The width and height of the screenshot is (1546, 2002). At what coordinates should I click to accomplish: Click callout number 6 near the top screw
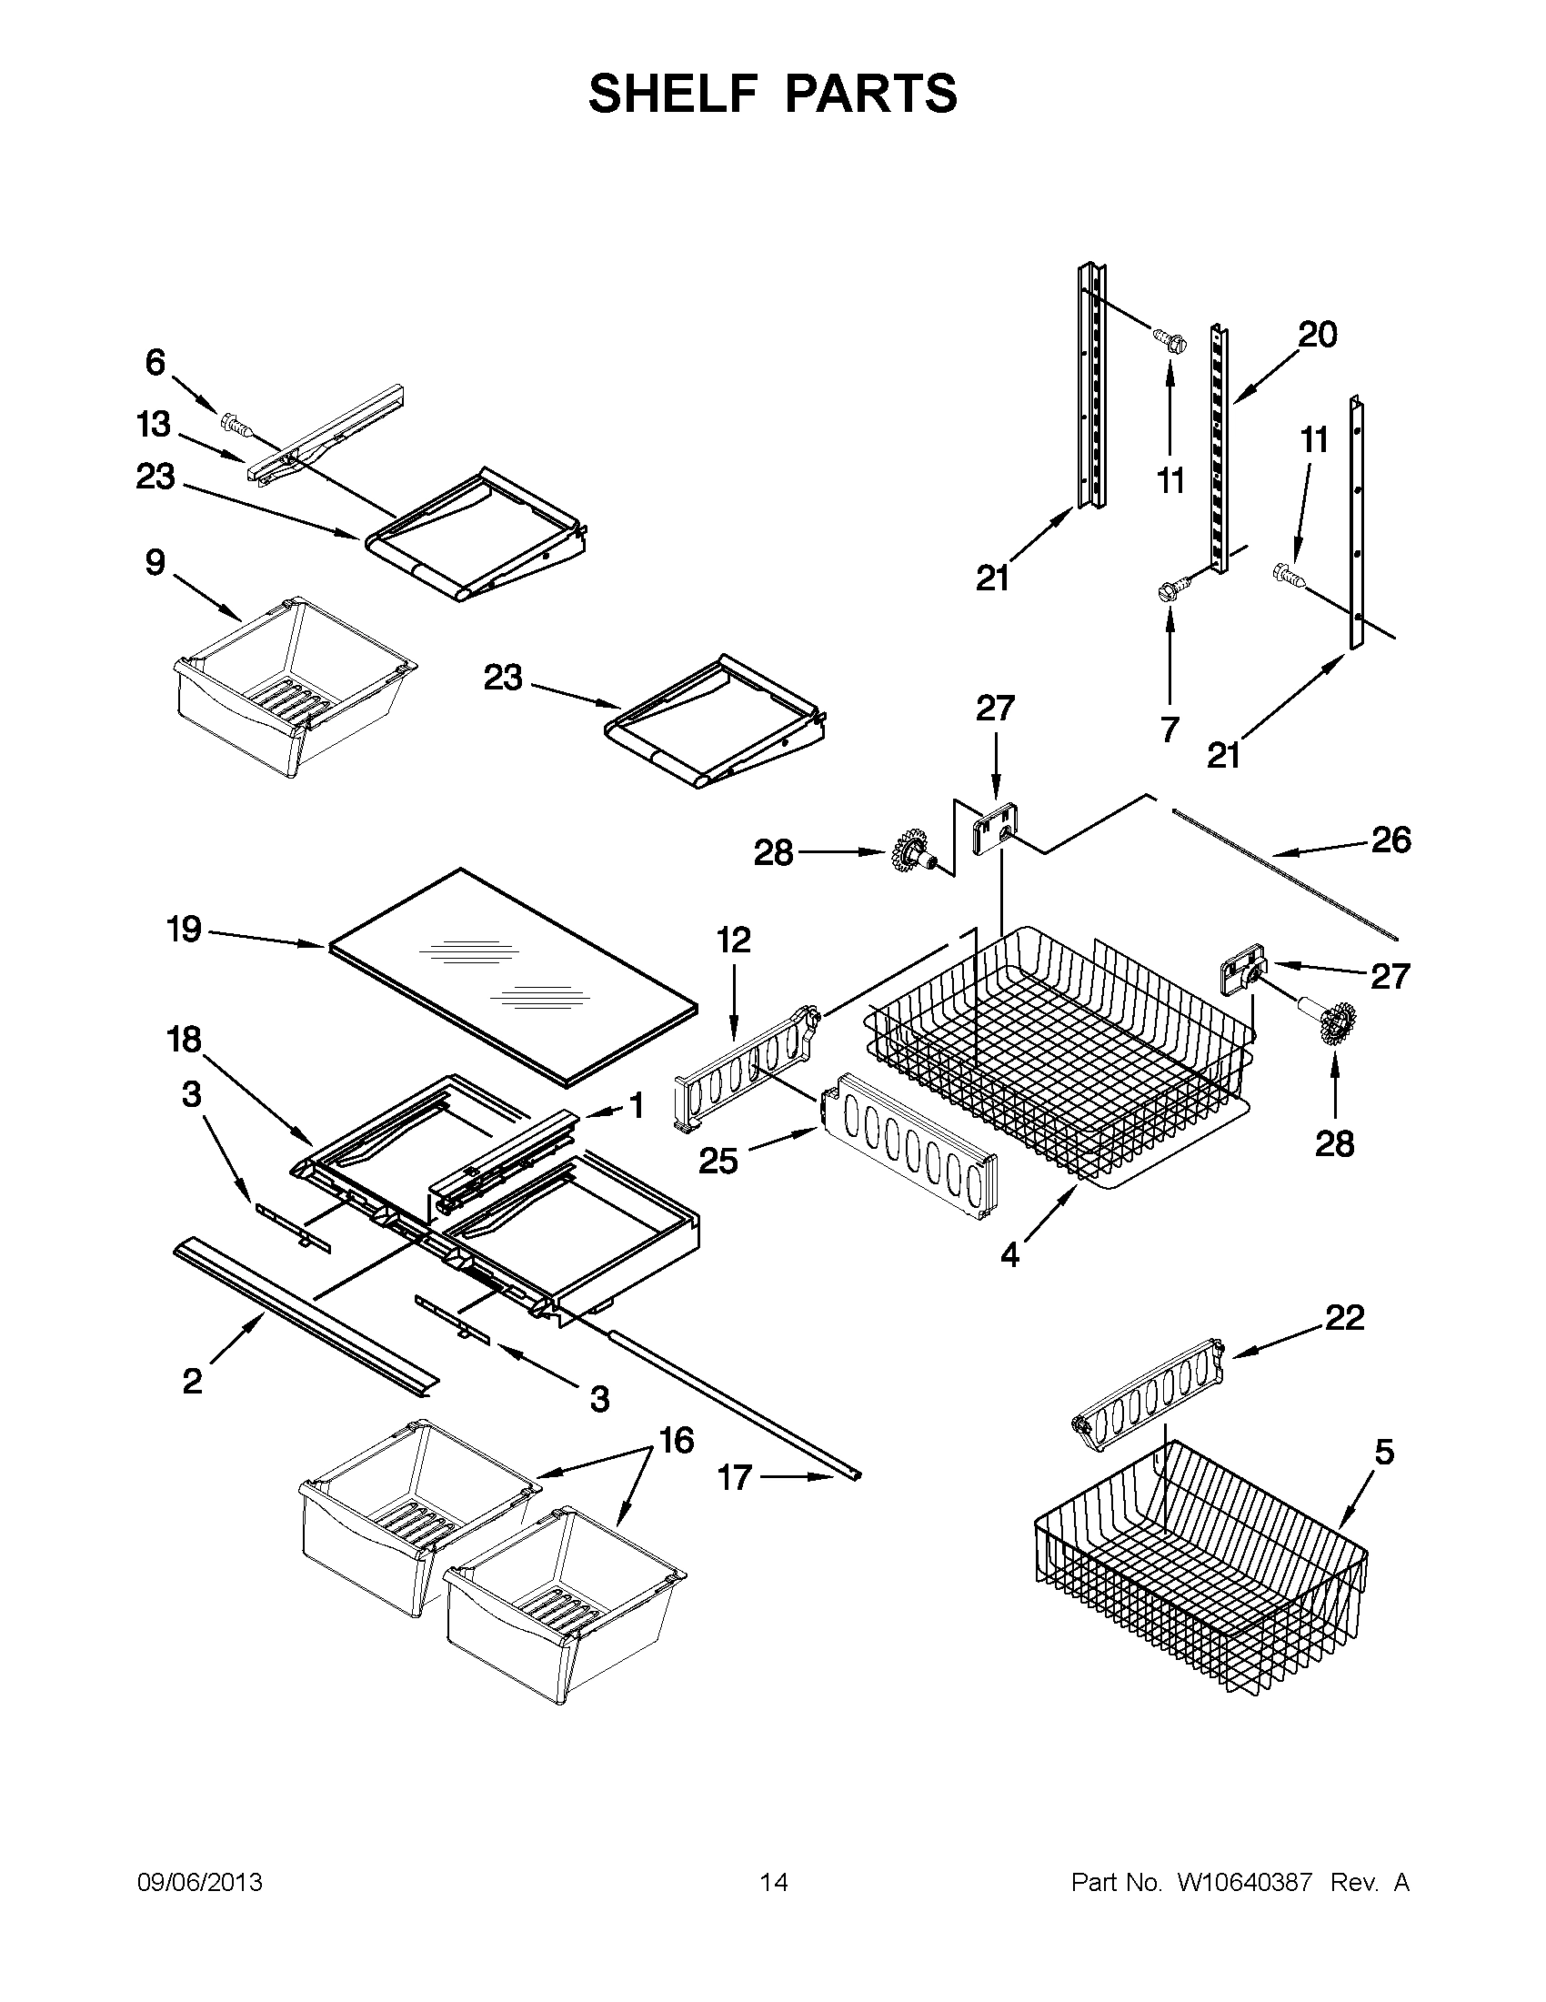(x=156, y=363)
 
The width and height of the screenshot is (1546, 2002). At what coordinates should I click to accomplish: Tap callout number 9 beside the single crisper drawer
(x=156, y=562)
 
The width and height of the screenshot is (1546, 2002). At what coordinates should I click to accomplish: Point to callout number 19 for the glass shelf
(x=185, y=930)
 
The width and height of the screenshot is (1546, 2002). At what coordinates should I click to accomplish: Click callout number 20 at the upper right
(x=1317, y=335)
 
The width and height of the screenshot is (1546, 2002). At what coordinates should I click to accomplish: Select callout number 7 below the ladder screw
(x=1170, y=729)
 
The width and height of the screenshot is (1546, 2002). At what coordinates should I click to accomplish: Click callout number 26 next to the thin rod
(x=1390, y=840)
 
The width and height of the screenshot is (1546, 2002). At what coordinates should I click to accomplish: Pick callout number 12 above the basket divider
(x=733, y=940)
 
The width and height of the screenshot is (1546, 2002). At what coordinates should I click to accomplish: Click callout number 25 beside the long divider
(x=718, y=1161)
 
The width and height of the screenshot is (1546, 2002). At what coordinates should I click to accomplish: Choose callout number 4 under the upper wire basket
(x=1009, y=1255)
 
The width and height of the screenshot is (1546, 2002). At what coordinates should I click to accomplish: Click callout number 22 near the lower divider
(x=1344, y=1317)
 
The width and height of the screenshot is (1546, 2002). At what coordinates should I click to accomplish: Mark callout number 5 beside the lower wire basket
(x=1384, y=1452)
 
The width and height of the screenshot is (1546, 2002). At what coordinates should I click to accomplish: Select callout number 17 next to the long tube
(x=735, y=1478)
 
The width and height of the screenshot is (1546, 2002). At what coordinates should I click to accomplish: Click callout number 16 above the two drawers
(x=677, y=1441)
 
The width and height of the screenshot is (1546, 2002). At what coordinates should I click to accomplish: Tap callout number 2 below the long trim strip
(x=193, y=1381)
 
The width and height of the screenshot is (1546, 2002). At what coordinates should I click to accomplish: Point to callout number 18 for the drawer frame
(x=185, y=1040)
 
